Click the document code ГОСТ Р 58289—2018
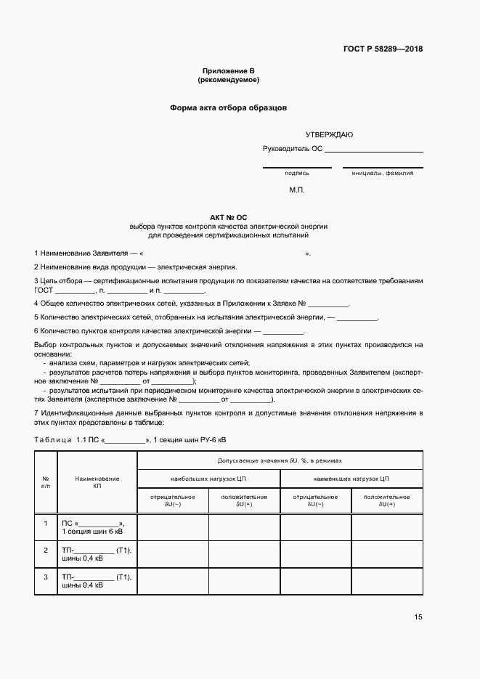383,49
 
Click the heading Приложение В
228,70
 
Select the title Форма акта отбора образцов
228,107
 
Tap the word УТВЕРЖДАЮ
329,135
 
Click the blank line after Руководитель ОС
373,150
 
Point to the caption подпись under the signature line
297,174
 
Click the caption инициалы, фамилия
382,174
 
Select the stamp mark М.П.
297,190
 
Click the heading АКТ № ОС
228,217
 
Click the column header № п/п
46,482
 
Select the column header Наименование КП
97,482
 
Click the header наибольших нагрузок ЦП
208,479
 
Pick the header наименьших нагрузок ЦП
351,479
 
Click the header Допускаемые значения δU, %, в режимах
280,460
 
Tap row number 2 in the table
46,550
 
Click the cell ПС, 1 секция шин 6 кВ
97,527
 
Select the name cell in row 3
97,581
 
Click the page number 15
418,617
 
